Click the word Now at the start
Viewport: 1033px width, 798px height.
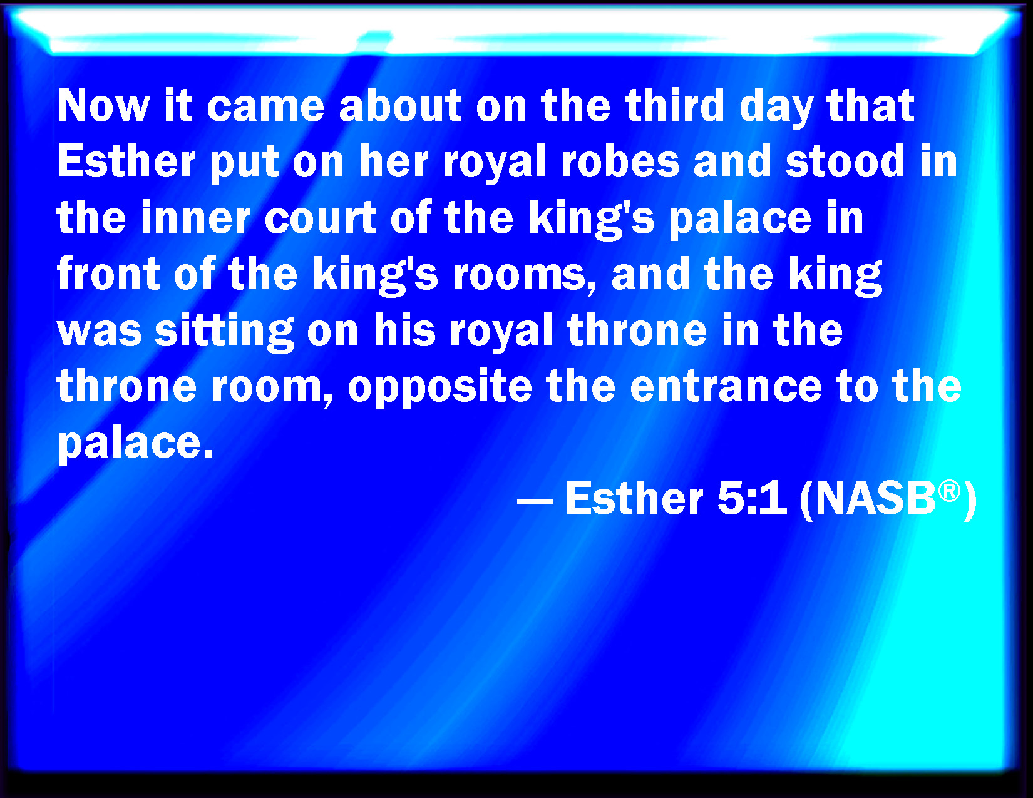pos(104,106)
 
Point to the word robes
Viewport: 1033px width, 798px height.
pos(620,161)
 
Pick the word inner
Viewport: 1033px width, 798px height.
pos(195,218)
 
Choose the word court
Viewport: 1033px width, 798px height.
pos(321,218)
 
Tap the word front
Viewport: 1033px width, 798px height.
pos(108,274)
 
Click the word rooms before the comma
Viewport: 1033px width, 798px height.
pos(519,275)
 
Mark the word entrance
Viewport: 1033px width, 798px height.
pos(726,387)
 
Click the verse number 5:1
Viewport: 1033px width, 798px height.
pos(752,498)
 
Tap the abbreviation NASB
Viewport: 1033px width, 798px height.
pos(876,499)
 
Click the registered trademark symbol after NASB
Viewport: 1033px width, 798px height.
pos(949,491)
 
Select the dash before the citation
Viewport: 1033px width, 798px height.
pos(534,501)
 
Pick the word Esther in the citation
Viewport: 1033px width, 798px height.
pos(634,498)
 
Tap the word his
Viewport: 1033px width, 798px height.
pos(404,330)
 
